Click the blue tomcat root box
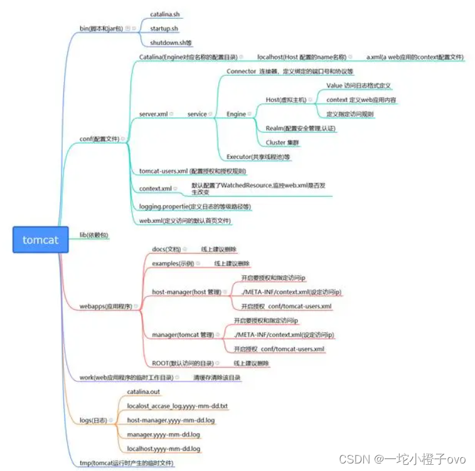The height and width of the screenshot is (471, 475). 40,240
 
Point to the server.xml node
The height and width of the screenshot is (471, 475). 153,114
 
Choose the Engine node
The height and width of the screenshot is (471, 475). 237,114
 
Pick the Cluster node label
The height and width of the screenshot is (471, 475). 282,142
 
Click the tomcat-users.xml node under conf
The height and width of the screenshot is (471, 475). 193,171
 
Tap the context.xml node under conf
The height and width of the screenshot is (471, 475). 156,189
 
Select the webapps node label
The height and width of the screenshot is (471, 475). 105,306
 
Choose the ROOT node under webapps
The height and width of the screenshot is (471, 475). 182,363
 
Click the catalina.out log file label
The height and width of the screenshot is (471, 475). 144,392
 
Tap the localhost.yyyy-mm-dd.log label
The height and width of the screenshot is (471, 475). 163,449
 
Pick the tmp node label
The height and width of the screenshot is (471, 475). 126,463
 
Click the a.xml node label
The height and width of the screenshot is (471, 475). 415,57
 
